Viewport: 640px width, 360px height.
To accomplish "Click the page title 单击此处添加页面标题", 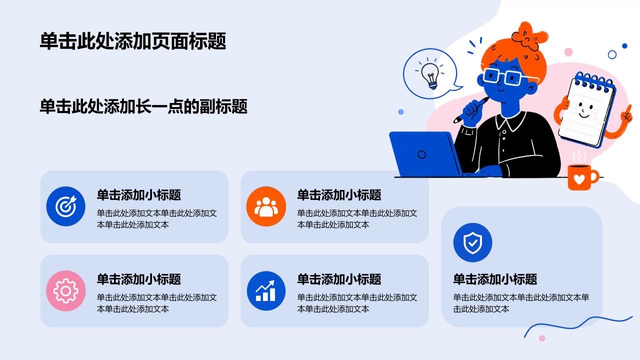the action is (133, 41).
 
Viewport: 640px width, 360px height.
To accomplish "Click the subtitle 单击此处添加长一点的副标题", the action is (143, 106).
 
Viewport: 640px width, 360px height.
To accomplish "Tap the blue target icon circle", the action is (65, 206).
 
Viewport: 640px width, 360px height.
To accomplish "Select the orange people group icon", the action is (266, 206).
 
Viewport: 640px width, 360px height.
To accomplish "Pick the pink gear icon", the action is (65, 290).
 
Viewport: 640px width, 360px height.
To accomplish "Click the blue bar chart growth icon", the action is (266, 290).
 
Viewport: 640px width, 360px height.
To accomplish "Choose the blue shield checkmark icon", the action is (472, 242).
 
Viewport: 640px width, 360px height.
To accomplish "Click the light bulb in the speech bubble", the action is (430, 75).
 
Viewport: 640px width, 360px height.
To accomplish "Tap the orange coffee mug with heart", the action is (581, 177).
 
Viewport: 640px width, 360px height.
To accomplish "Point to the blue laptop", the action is (425, 154).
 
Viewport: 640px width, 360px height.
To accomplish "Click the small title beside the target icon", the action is (139, 195).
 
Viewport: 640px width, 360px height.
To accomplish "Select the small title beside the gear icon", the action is (139, 279).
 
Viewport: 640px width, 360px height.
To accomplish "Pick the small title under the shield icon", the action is (495, 279).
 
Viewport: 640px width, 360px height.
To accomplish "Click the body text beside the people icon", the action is (357, 219).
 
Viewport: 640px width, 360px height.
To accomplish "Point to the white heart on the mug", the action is (579, 179).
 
